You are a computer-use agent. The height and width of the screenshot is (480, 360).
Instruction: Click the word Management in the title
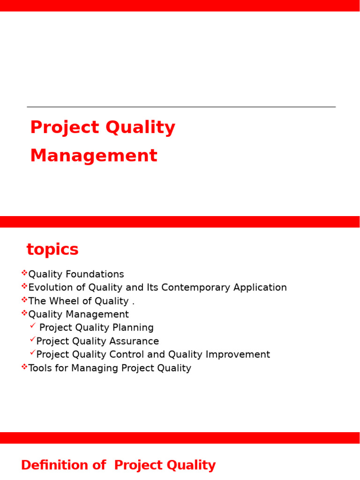[94, 156]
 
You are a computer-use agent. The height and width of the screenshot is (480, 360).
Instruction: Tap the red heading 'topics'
[52, 250]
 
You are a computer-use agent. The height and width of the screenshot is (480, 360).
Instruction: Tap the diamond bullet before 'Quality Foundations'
[24, 273]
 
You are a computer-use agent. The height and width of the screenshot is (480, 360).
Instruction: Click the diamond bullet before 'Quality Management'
[24, 313]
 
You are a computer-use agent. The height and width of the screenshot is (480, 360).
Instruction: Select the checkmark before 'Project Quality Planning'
[32, 326]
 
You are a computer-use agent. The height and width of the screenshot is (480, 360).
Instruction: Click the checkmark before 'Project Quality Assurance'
[32, 339]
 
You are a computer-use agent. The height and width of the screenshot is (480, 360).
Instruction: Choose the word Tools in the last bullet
[39, 368]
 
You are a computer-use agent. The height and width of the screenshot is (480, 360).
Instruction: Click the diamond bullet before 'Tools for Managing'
[24, 367]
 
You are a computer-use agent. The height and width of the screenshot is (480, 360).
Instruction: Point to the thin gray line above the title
[181, 107]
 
